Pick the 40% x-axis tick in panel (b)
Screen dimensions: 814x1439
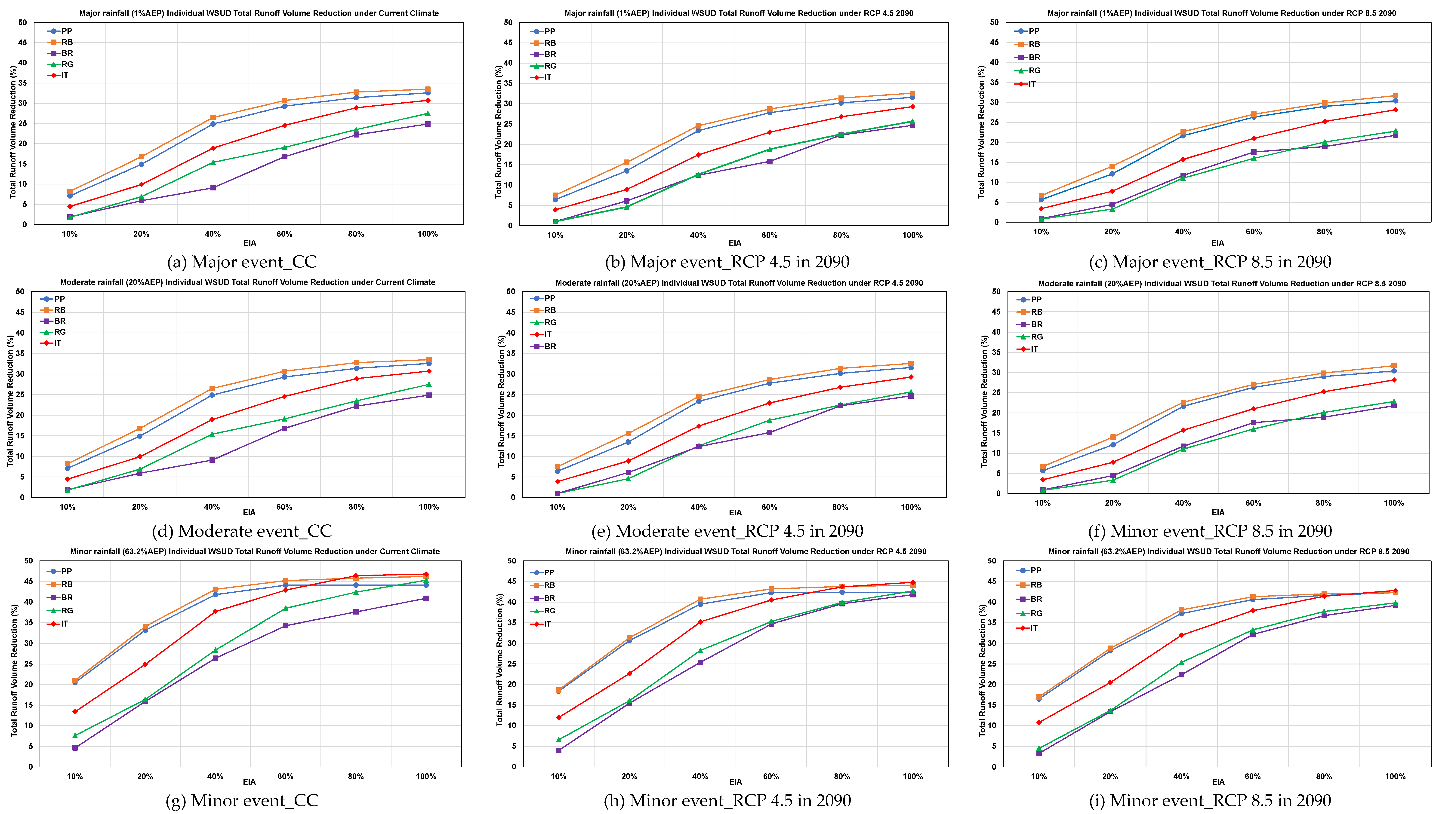[698, 235]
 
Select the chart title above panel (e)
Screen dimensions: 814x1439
[739, 283]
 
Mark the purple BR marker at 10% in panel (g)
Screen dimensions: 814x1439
[75, 747]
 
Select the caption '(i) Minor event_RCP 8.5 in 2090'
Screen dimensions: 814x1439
[1210, 801]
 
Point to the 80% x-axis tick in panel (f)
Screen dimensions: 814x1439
[1323, 503]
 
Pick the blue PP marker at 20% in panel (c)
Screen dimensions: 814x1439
[1112, 174]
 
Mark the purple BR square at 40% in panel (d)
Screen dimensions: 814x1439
[212, 460]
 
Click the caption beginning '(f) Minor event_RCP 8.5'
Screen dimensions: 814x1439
[1210, 531]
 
